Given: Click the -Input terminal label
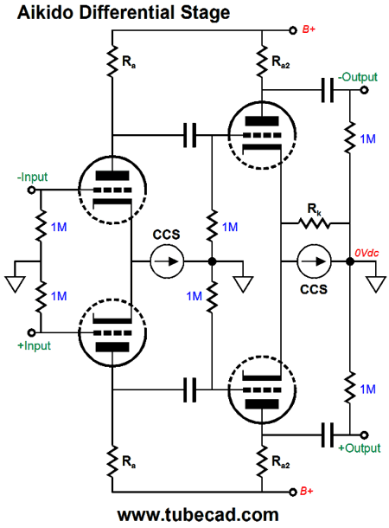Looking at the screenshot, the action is click(32, 177).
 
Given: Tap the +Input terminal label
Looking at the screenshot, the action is click(34, 346).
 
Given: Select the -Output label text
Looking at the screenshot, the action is click(358, 77).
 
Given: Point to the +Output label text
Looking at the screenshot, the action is click(360, 448).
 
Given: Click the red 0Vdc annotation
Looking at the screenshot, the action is click(367, 253).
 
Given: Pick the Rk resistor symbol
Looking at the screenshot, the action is click(314, 223).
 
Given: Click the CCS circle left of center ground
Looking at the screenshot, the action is click(167, 261).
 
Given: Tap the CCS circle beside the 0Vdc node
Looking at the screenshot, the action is click(314, 261).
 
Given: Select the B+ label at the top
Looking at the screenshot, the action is click(309, 29).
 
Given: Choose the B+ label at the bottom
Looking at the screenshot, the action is click(306, 492).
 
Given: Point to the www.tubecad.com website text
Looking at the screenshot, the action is click(198, 515).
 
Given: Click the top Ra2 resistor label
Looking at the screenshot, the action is click(281, 62).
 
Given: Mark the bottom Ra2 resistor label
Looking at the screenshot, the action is click(281, 461).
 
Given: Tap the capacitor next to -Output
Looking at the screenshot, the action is click(327, 90).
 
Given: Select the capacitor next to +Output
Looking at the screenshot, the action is click(327, 435).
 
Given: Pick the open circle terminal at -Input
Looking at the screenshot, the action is click(31, 190).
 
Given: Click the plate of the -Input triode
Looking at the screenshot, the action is click(112, 176).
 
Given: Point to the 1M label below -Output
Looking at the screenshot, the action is click(367, 139).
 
